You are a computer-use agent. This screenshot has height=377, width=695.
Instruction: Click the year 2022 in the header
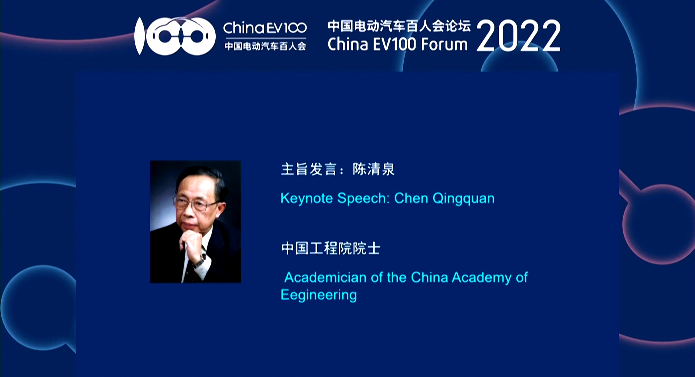tap(518, 36)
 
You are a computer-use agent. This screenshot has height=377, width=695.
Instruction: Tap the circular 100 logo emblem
tap(175, 36)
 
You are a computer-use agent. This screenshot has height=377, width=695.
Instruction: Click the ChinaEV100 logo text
tap(265, 28)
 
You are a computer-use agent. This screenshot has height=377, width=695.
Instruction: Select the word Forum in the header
tap(445, 45)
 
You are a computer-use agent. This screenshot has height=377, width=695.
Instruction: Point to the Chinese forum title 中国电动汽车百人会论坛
tap(399, 26)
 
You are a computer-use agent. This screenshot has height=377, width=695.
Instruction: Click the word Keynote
tap(307, 199)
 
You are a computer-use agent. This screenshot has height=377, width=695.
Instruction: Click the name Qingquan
tap(463, 199)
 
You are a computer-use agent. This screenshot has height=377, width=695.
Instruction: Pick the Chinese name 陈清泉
tap(374, 169)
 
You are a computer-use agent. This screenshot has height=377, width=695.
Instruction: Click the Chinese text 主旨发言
tap(309, 169)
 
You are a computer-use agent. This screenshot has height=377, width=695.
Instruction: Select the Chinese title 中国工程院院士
tap(330, 248)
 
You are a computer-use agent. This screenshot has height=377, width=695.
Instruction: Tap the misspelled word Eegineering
tap(319, 295)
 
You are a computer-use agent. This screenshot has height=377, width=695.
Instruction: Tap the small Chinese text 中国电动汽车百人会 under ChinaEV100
tap(265, 46)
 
